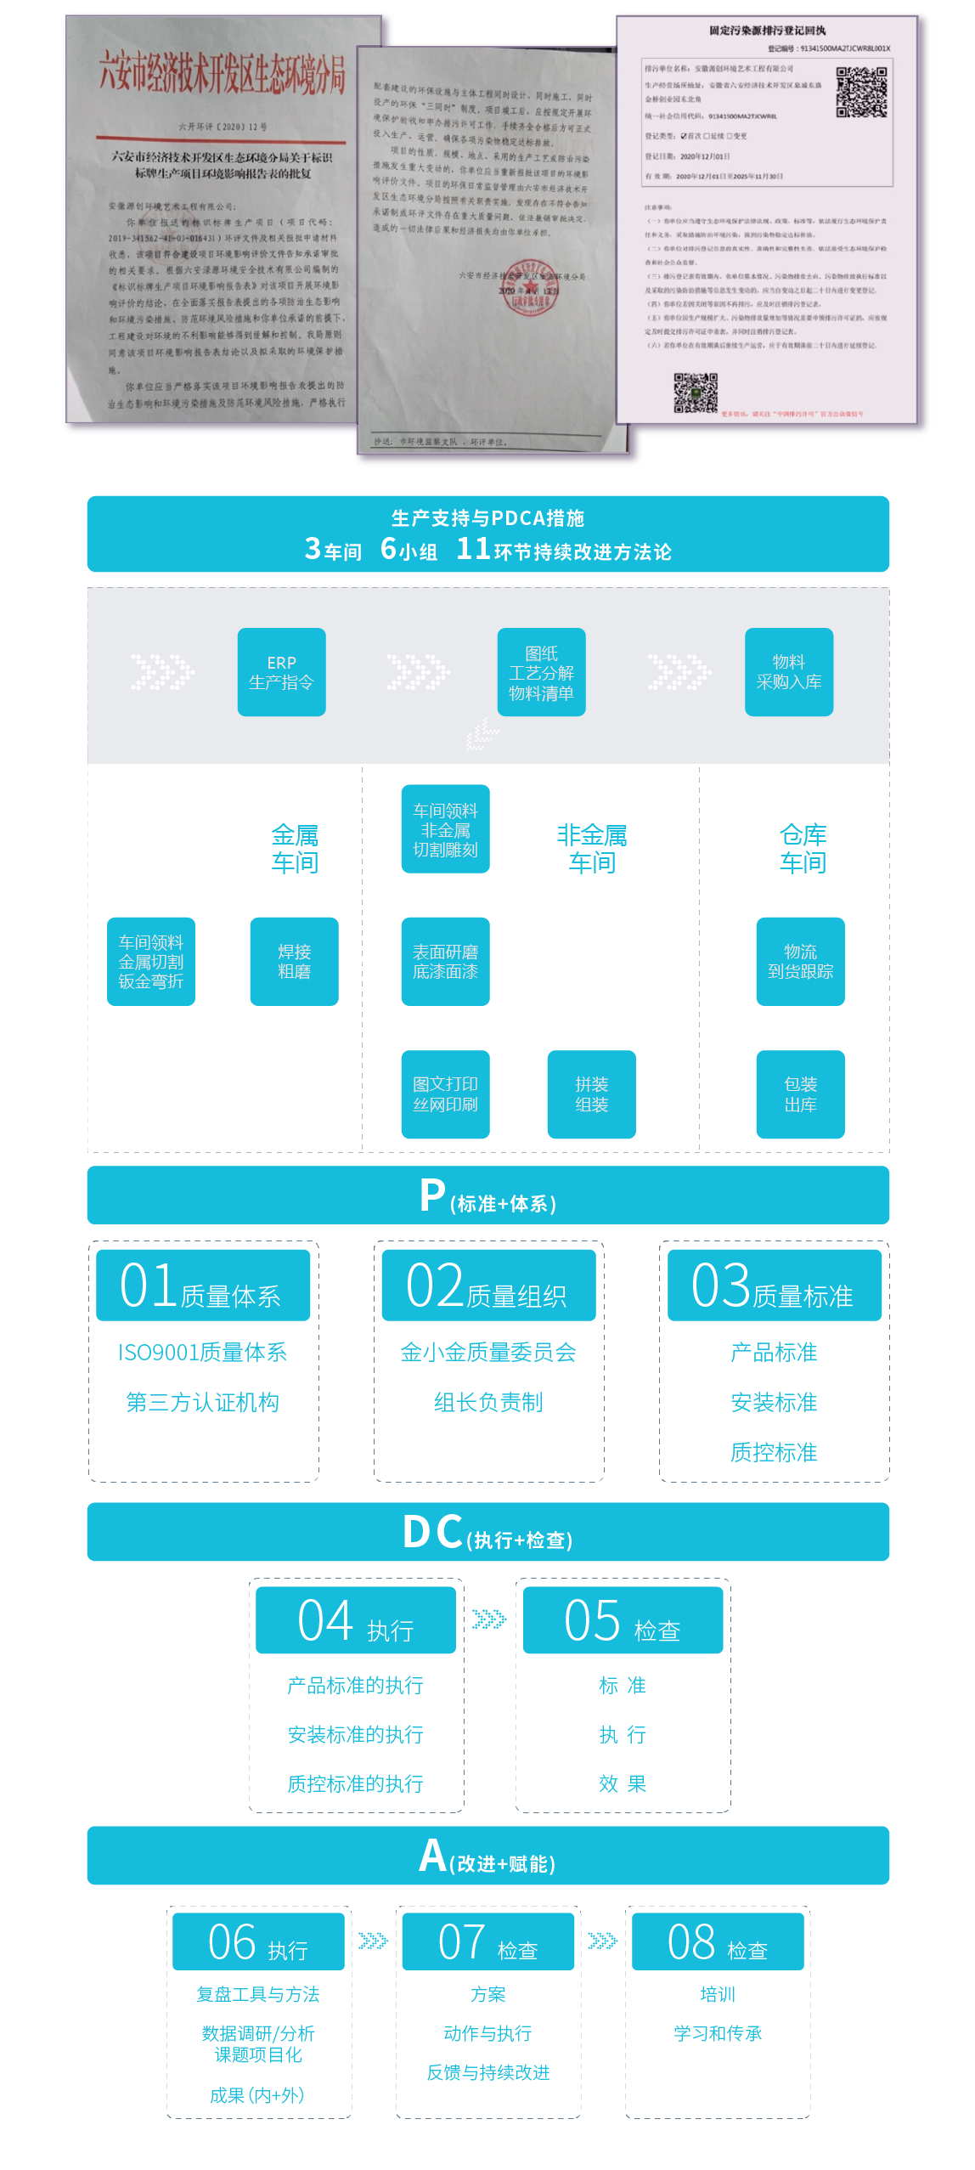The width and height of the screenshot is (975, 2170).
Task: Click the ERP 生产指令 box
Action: (x=281, y=672)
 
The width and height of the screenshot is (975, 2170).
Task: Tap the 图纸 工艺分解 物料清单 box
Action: (x=541, y=672)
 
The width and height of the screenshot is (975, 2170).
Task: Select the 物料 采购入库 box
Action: (x=788, y=672)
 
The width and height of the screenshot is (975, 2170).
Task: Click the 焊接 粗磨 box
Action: (x=294, y=961)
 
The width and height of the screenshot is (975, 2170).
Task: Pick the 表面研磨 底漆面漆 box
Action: (x=445, y=961)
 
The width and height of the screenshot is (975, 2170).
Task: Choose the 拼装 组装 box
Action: (x=591, y=1094)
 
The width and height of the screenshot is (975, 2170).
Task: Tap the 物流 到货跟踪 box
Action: (x=800, y=961)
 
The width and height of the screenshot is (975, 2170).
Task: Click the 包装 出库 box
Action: (x=800, y=1094)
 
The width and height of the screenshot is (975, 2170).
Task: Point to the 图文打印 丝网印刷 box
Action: (x=445, y=1094)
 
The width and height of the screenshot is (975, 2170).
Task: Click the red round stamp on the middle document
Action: (x=529, y=293)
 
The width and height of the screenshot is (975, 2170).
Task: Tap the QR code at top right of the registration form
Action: (x=861, y=92)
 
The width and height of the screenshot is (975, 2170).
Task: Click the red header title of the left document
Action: (x=223, y=72)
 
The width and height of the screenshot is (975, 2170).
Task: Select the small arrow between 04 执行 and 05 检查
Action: (x=489, y=1619)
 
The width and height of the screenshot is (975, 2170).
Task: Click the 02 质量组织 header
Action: (x=488, y=1286)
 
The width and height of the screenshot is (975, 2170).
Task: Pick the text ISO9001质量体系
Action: (x=202, y=1352)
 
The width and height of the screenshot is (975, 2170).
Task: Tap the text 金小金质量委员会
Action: (x=488, y=1352)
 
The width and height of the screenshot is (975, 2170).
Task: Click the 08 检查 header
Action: (x=718, y=1941)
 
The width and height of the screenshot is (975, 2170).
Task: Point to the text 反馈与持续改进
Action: (x=488, y=2072)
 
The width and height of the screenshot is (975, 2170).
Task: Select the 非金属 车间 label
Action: (x=592, y=848)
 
